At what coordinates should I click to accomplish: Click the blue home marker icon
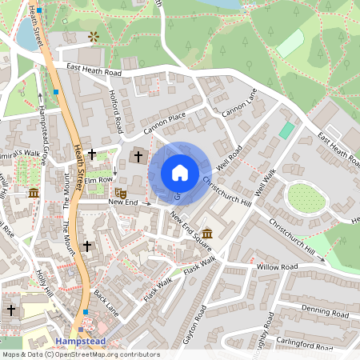180,173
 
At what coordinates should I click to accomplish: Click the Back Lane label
106,303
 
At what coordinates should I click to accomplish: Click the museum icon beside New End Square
207,233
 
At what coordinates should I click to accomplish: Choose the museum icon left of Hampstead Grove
34,193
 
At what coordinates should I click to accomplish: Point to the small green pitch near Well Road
286,130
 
